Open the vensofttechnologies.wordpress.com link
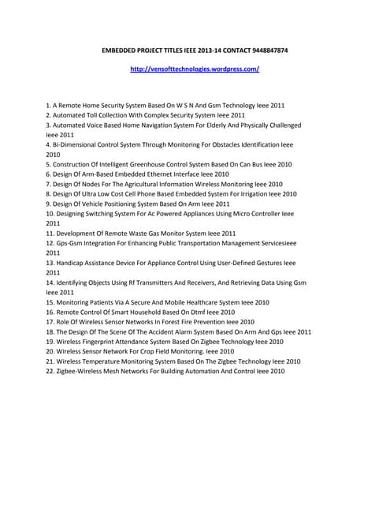tap(195, 69)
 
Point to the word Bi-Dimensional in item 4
tap(76, 145)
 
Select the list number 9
tap(49, 204)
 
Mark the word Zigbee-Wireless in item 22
tap(80, 371)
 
